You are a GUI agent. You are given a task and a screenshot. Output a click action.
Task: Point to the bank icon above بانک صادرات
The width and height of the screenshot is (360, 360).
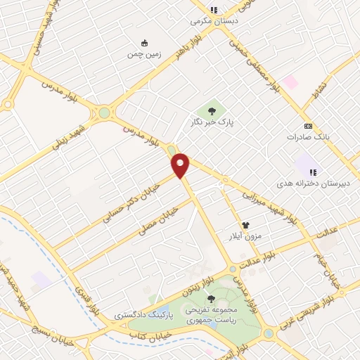point(308,124)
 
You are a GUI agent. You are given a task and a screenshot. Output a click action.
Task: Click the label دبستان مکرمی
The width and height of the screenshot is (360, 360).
point(213,21)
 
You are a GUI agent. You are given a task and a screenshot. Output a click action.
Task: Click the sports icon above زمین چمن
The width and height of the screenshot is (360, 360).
point(145,42)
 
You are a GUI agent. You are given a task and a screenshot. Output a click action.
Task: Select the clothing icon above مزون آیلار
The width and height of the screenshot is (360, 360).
point(246,219)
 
